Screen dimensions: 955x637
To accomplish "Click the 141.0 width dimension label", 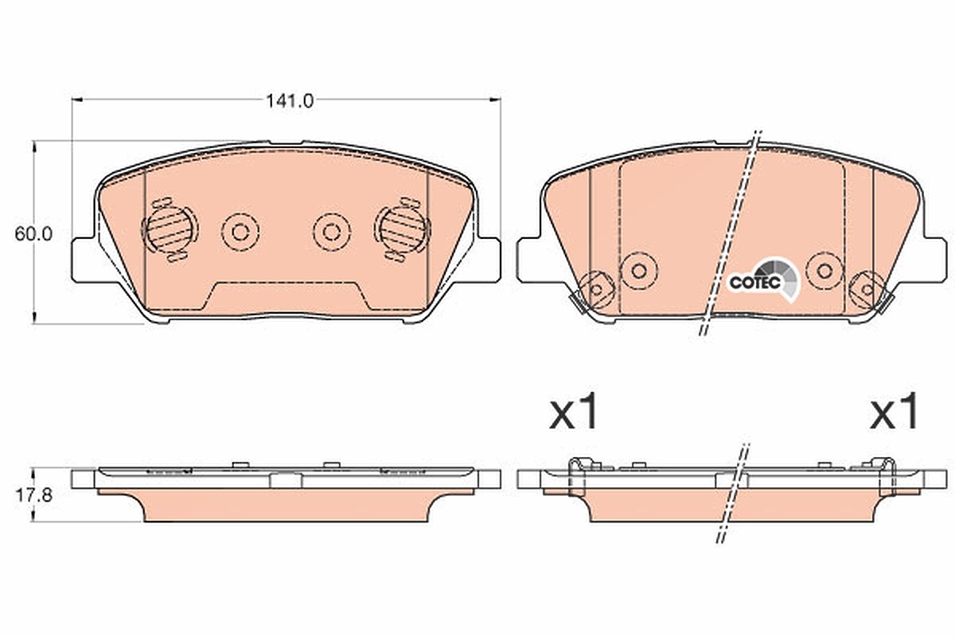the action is coord(290,101).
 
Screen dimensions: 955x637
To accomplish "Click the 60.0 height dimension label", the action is coord(33,234).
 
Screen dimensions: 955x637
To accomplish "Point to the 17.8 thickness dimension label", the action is coord(33,495).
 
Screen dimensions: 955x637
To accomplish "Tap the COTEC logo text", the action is coord(754,282).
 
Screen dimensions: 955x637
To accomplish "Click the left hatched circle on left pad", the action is coord(170,230).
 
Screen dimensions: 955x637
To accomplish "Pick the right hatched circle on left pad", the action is coord(402,229).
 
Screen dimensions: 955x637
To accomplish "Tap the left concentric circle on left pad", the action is coord(240,232).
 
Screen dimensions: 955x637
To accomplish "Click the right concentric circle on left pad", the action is coord(332,232).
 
